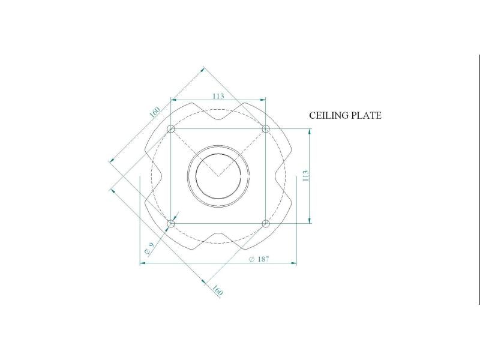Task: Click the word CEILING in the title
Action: click(329, 115)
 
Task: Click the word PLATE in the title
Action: click(366, 115)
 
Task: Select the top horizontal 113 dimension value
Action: click(218, 96)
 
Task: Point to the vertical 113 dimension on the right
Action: click(305, 176)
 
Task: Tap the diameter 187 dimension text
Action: click(259, 259)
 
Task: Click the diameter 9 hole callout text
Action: click(149, 249)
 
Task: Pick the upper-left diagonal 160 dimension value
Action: click(155, 112)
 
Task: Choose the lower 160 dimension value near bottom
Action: click(217, 290)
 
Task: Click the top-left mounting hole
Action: click(171, 128)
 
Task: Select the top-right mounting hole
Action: click(266, 128)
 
